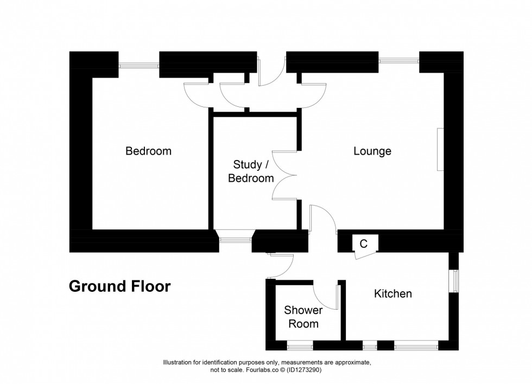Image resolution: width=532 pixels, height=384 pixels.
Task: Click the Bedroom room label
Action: [148, 151]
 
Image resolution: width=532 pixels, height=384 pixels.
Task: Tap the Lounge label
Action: [372, 151]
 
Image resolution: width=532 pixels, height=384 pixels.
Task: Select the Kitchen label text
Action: [393, 294]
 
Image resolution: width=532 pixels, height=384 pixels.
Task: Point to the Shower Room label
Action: [303, 317]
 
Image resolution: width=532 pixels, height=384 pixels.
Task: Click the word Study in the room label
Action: [247, 164]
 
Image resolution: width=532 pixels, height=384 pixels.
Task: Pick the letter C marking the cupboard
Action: [364, 244]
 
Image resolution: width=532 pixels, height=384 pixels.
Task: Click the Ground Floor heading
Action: [119, 286]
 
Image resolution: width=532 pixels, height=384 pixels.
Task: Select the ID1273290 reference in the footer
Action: [305, 370]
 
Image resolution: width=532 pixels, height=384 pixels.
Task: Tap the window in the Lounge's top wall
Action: [399, 61]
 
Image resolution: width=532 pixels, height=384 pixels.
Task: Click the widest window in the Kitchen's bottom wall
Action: [416, 344]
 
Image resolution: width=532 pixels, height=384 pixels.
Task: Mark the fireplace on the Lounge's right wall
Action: [440, 150]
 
